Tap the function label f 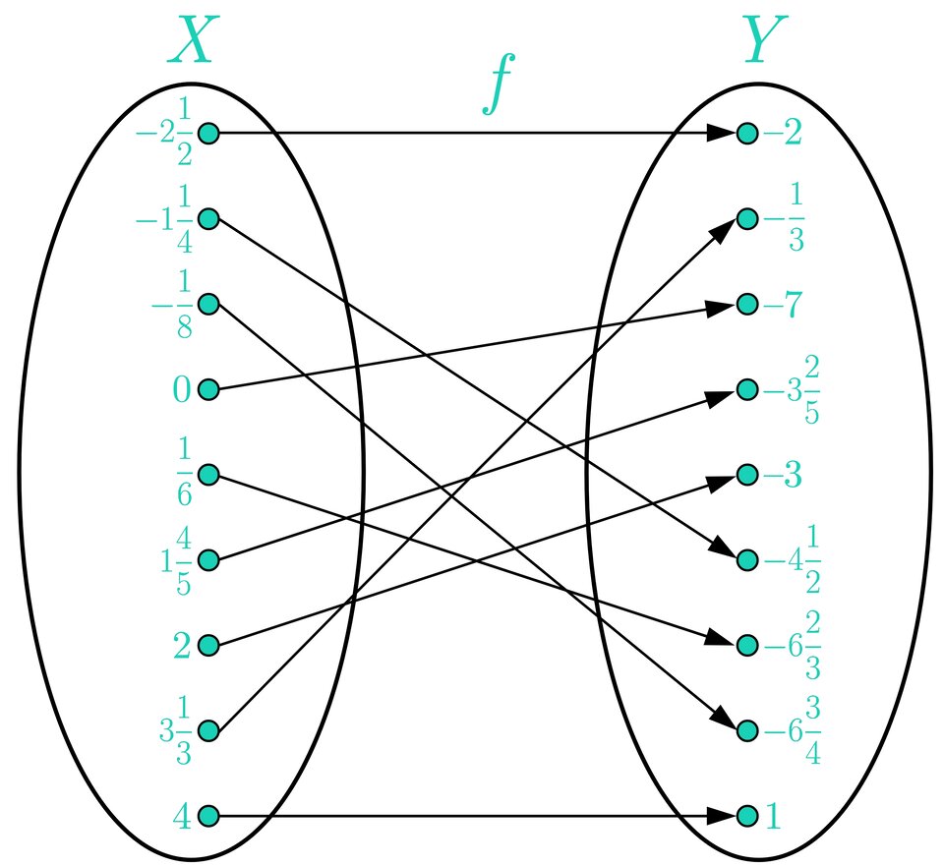tap(500, 85)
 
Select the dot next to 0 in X tap(208, 390)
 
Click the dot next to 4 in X tap(208, 816)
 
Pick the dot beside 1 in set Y tap(746, 816)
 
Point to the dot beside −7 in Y tap(746, 305)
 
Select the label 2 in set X tap(181, 646)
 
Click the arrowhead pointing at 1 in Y tap(724, 816)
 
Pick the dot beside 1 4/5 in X tap(208, 560)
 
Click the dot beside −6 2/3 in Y tap(746, 646)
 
